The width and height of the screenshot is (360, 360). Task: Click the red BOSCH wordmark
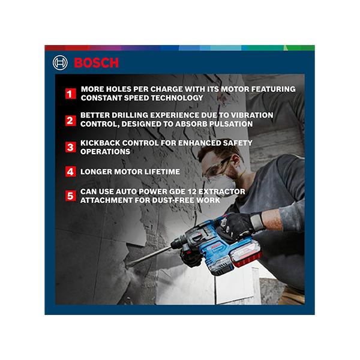97,62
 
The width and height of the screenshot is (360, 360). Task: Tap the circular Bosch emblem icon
60,62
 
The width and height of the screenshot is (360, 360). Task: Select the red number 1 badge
70,94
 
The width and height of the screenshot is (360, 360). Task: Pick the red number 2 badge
70,121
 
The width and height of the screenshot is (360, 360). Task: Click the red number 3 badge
70,147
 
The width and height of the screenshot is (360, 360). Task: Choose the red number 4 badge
70,172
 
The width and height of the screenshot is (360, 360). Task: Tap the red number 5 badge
70,196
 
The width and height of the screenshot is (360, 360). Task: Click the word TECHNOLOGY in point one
177,98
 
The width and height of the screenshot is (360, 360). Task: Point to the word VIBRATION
252,115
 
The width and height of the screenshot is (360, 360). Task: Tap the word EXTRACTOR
222,191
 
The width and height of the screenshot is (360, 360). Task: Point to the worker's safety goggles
217,166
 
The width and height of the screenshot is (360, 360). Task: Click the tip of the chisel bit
126,265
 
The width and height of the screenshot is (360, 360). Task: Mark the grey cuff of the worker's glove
257,222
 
